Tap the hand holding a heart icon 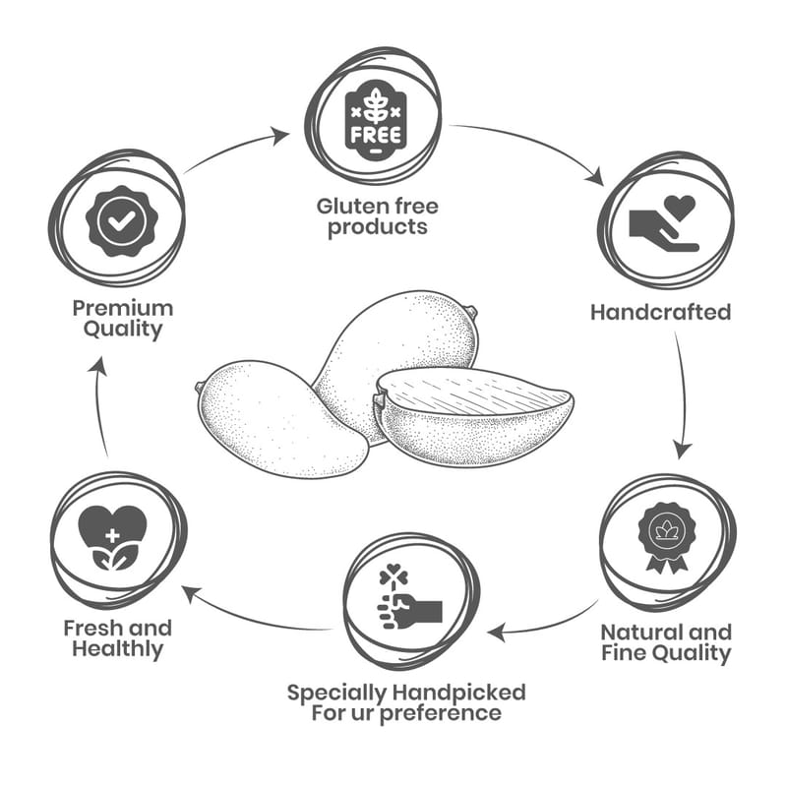click(664, 223)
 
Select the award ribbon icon click(666, 536)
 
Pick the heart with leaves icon click(112, 538)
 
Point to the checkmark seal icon click(121, 221)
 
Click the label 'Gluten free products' click(378, 216)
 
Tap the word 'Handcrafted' click(660, 312)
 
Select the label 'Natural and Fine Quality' click(666, 641)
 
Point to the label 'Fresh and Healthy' click(117, 637)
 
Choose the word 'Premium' click(122, 308)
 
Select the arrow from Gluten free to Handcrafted click(531, 148)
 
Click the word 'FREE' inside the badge click(374, 133)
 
